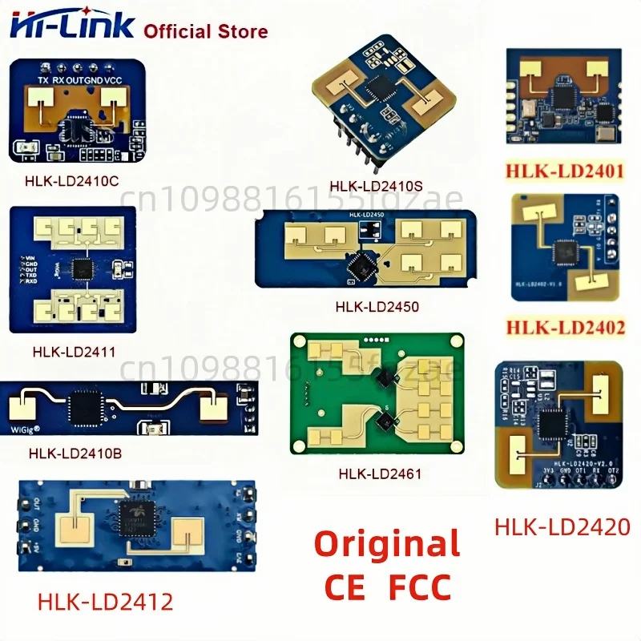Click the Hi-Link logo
[71, 26]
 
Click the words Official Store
[205, 32]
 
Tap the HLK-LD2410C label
[71, 181]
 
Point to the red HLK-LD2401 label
[562, 171]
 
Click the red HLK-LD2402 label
[562, 327]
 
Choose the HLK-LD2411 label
[74, 350]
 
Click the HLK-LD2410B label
[75, 453]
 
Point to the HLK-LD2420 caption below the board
[562, 526]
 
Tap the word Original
[386, 544]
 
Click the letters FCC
[419, 587]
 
